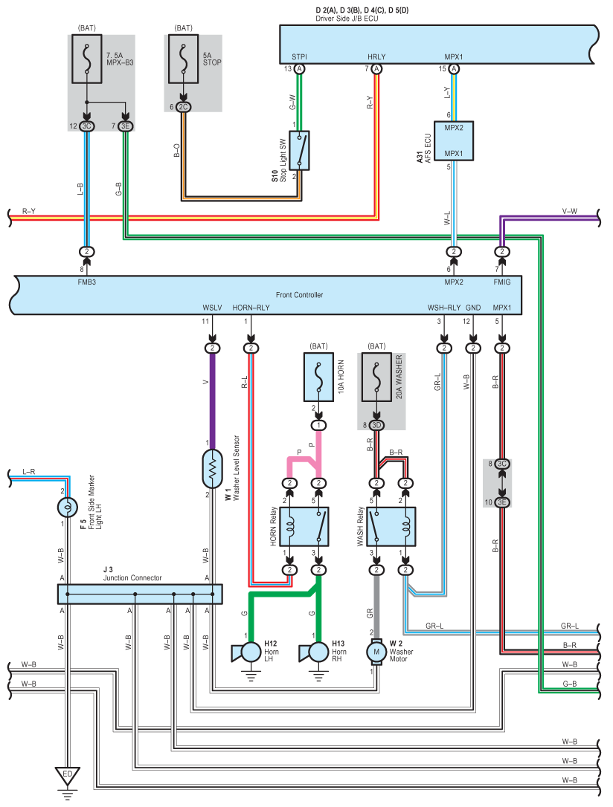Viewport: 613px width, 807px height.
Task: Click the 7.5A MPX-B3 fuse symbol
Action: coord(86,59)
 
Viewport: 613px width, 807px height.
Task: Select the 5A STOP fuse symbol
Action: coord(184,59)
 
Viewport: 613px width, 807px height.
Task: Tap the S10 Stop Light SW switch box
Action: coord(299,150)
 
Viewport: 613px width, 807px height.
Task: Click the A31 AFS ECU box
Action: coord(453,141)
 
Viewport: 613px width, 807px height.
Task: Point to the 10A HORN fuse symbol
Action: coord(318,377)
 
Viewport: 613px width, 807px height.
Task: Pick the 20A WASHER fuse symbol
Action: coord(376,377)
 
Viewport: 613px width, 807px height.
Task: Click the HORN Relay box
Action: coord(304,527)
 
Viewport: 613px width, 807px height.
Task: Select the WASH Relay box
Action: coord(391,527)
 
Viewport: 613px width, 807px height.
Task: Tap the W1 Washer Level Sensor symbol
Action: coord(212,469)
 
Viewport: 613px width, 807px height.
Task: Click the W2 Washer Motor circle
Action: coord(376,652)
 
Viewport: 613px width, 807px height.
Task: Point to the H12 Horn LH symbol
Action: coord(246,652)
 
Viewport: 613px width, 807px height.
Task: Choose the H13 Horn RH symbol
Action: coord(314,652)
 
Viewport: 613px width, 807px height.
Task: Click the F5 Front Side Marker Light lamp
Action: coord(67,508)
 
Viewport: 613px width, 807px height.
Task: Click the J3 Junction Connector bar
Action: coord(140,594)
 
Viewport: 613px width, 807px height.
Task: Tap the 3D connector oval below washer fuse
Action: coord(376,425)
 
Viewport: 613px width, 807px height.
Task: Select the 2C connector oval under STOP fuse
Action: coord(184,107)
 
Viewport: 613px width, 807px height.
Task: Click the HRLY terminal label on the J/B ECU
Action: coord(376,57)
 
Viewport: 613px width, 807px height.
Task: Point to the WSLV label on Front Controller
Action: coord(212,308)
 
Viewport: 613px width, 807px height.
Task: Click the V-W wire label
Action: coord(569,211)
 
